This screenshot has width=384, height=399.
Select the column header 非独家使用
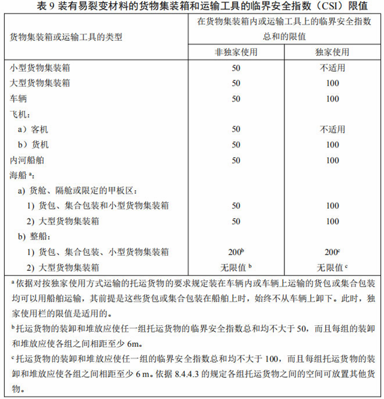coord(236,52)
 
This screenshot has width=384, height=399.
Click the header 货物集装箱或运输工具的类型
coord(66,37)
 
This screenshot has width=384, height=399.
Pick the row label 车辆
coord(19,98)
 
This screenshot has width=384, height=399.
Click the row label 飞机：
coord(21,113)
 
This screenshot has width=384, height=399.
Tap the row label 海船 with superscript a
coord(22,175)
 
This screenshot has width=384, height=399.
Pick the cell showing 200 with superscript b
coord(236,252)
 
